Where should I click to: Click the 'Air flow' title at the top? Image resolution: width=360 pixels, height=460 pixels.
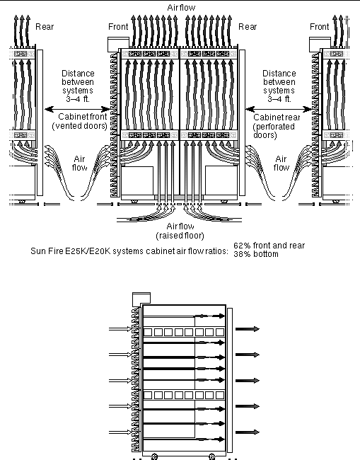(x=181, y=8)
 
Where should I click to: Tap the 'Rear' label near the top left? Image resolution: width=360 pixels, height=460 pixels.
(x=45, y=27)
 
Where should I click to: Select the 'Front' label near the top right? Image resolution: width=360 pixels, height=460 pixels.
(x=320, y=27)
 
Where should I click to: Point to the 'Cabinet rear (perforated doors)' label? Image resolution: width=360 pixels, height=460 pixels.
(x=276, y=126)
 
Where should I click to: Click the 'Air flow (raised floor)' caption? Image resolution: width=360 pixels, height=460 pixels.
(x=180, y=231)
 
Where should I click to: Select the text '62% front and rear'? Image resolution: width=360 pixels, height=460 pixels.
(x=269, y=246)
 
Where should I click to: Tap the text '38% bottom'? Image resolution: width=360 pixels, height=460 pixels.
(x=256, y=254)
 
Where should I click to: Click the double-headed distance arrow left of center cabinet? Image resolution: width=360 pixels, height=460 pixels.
(x=77, y=110)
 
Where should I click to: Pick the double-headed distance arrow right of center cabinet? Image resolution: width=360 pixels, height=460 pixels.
(x=279, y=110)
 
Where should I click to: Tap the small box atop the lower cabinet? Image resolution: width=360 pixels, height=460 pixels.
(x=141, y=299)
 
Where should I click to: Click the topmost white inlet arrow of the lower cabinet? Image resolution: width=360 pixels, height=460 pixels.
(x=120, y=329)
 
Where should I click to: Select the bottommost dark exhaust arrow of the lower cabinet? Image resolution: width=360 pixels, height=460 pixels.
(x=248, y=432)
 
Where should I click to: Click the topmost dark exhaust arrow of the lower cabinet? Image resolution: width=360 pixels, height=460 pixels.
(x=248, y=329)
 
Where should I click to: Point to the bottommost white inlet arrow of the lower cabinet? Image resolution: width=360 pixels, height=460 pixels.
(x=120, y=432)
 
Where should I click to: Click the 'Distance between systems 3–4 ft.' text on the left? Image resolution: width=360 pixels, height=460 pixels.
(x=78, y=86)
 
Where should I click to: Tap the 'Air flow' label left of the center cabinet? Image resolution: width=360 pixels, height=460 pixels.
(x=80, y=163)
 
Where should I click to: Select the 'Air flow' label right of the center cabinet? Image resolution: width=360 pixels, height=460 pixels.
(x=281, y=163)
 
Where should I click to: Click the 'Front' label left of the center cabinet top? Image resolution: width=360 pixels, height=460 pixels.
(x=118, y=27)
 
